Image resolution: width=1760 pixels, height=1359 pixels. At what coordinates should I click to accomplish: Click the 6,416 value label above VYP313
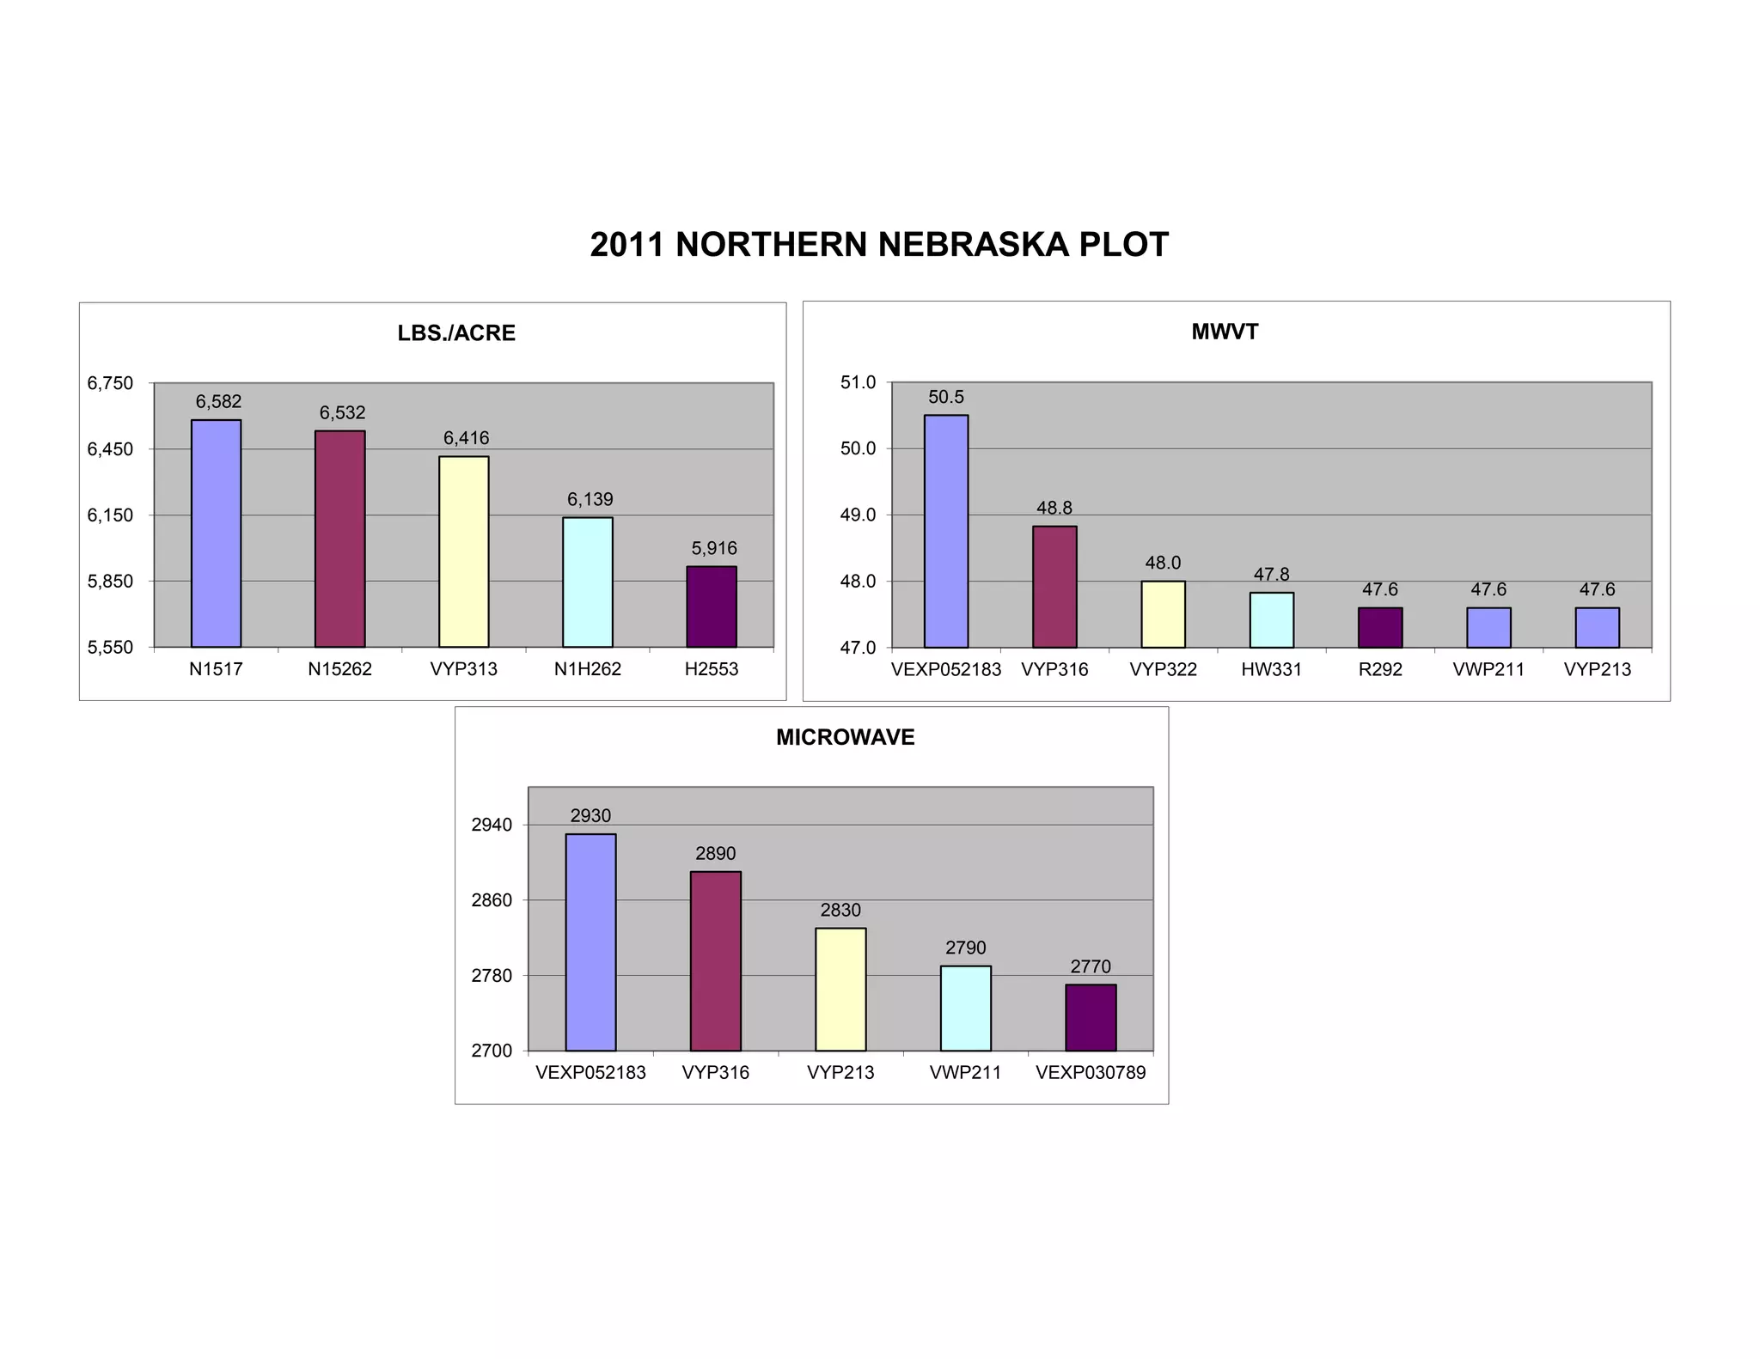(x=466, y=438)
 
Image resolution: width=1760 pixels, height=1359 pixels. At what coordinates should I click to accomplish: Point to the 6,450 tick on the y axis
(x=110, y=449)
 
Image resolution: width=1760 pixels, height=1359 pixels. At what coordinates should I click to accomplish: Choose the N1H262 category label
(x=587, y=669)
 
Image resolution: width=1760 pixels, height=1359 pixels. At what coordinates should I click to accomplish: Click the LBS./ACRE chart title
(x=456, y=333)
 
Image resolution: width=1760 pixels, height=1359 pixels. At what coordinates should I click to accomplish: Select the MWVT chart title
(x=1225, y=332)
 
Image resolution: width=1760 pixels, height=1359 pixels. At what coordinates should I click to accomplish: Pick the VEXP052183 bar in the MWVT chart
(x=945, y=531)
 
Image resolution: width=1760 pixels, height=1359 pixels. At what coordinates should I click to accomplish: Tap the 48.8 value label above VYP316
(x=1054, y=508)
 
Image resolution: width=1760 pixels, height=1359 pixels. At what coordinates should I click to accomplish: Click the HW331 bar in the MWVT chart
(x=1271, y=619)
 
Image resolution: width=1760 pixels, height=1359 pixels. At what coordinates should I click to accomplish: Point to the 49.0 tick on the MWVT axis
(x=858, y=515)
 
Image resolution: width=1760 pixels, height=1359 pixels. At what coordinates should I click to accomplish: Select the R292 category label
(x=1379, y=669)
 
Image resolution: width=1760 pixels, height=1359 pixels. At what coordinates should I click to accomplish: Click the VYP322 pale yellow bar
(x=1163, y=613)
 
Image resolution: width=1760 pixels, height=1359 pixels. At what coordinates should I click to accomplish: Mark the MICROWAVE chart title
(x=845, y=737)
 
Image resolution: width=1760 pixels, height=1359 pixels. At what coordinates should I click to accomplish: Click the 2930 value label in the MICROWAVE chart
(x=590, y=816)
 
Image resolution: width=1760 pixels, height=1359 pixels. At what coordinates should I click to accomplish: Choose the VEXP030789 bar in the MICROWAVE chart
(x=1091, y=1017)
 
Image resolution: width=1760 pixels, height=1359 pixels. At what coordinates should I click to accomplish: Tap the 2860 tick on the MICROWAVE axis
(x=492, y=900)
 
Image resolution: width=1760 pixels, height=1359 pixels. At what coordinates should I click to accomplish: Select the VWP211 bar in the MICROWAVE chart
(x=965, y=1008)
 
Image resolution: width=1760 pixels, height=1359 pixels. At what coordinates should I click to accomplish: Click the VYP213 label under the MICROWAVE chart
(x=840, y=1072)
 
